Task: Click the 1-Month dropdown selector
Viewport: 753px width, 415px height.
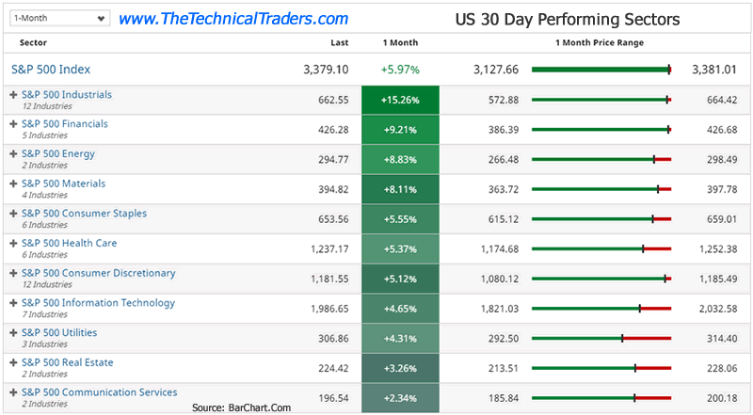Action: coord(56,18)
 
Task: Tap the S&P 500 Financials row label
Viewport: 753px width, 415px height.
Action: coord(65,124)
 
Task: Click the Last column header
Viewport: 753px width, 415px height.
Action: coord(340,43)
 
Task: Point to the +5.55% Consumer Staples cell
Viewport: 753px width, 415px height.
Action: coord(400,219)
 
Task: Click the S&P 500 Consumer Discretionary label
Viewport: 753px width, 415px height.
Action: coord(98,274)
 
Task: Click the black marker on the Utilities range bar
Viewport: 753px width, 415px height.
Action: coord(622,339)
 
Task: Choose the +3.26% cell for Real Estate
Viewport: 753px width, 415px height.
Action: coord(400,368)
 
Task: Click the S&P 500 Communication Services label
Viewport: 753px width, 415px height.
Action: coord(99,392)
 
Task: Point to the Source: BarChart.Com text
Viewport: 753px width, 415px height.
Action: coord(240,407)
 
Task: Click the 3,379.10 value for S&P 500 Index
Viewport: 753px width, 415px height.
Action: coord(326,70)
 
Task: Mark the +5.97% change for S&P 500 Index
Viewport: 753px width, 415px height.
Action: coord(400,70)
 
